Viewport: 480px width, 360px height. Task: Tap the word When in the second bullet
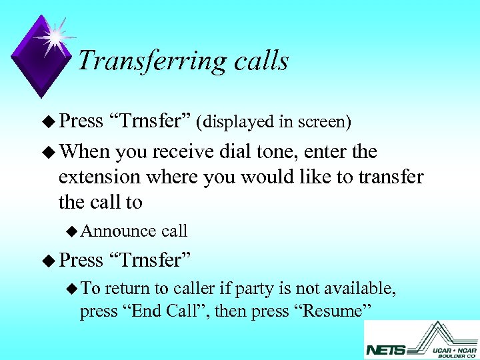click(84, 152)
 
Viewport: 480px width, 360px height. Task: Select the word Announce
click(118, 231)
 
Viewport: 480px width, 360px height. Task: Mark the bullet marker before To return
click(72, 289)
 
